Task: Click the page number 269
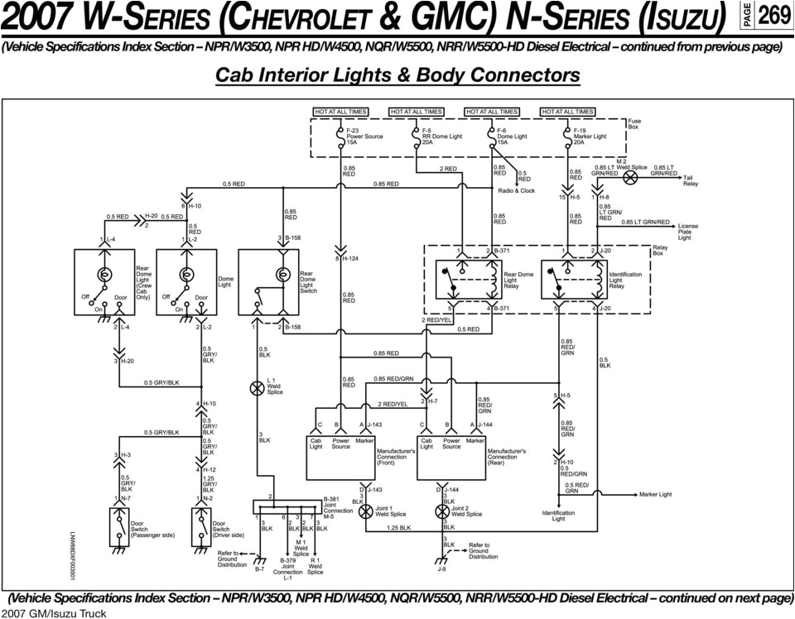(773, 15)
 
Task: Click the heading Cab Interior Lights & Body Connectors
(397, 75)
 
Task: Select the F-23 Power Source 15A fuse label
(364, 137)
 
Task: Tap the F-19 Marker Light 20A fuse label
(590, 137)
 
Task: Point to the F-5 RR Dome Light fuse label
(441, 137)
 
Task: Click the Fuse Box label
(634, 124)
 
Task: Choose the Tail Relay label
(691, 181)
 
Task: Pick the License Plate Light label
(688, 232)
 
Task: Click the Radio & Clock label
(516, 191)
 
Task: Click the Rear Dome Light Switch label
(308, 282)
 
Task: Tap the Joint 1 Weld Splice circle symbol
(365, 512)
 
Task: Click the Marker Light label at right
(655, 494)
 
